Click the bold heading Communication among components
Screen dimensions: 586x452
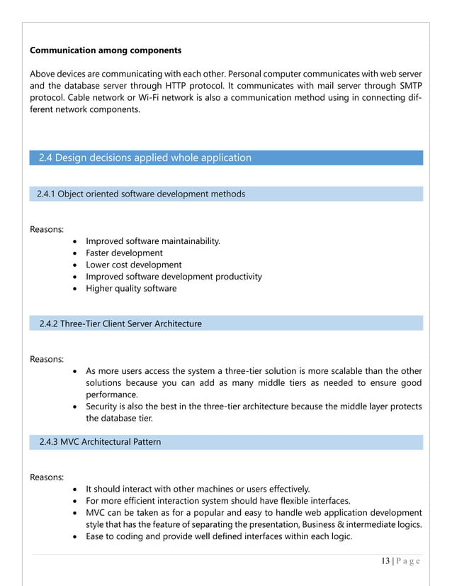106,50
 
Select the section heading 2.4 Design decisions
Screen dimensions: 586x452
145,157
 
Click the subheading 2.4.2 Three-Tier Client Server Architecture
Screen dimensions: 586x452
120,324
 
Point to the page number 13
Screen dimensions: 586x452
385,561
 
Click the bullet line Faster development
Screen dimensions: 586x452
124,253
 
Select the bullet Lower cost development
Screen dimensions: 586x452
133,265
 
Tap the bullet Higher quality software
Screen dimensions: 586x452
131,289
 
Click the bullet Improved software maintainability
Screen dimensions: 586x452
152,241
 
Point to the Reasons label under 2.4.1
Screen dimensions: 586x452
47,229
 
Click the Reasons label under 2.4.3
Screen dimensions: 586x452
47,477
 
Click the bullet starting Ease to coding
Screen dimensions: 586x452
218,536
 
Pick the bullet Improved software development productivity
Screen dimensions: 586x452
174,277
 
